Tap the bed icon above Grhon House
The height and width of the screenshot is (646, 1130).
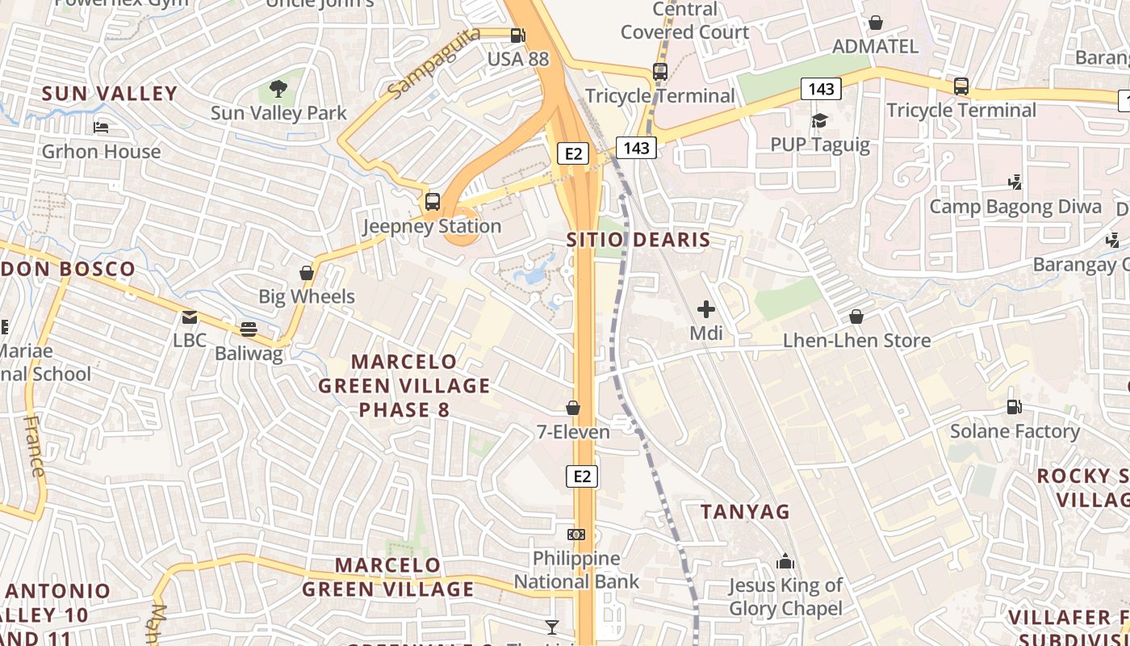click(101, 128)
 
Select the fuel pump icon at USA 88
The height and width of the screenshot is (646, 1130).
click(517, 36)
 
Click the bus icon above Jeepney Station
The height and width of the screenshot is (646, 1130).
click(433, 202)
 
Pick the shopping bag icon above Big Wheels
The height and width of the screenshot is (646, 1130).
click(307, 273)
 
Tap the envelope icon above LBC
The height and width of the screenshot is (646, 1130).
click(190, 317)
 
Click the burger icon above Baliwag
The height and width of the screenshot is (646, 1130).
click(249, 329)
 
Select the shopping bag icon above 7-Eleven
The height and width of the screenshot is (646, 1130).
click(573, 409)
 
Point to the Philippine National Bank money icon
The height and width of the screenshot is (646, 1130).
click(576, 535)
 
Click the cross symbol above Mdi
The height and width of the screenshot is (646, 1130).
click(706, 308)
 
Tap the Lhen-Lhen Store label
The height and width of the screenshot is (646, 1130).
click(856, 341)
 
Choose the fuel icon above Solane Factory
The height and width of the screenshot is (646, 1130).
click(1015, 407)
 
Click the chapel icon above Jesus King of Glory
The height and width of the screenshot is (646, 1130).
click(785, 561)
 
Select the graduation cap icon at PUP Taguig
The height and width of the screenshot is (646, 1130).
click(819, 121)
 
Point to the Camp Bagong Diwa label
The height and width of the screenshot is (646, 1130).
click(1015, 207)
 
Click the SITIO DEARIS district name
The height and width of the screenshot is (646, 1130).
click(638, 240)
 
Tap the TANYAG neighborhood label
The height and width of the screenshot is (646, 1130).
click(745, 512)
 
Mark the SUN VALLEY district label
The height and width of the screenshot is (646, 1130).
click(109, 94)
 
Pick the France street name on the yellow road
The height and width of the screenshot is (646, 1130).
click(33, 446)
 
